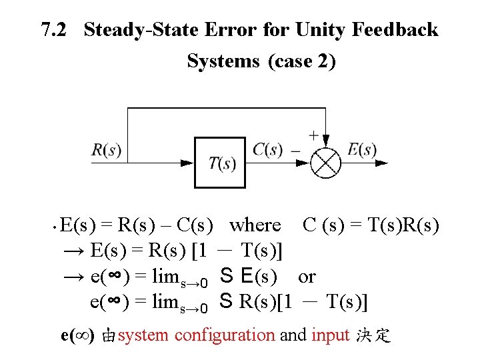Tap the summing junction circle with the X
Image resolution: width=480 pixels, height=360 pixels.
(326, 162)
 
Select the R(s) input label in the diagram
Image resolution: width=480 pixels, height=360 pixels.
(106, 149)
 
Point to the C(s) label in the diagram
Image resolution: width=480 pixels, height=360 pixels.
(267, 149)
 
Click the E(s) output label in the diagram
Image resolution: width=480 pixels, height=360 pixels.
(362, 149)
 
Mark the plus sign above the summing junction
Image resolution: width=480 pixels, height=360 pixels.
(313, 135)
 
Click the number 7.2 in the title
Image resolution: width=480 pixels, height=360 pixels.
(55, 30)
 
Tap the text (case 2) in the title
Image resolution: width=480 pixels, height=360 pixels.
(301, 61)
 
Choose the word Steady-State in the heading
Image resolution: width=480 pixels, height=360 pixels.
(142, 30)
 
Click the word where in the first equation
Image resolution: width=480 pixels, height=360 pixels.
(255, 225)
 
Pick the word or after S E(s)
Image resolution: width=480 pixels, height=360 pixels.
(307, 276)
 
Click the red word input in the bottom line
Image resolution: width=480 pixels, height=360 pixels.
(330, 335)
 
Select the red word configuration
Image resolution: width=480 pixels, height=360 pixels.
(225, 335)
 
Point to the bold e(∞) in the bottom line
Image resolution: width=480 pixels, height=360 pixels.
(77, 335)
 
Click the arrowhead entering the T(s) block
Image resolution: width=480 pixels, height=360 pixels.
(194, 162)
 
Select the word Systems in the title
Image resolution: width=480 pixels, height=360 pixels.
(223, 61)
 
